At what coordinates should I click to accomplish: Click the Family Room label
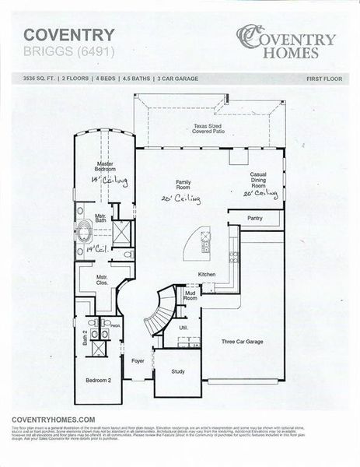click(x=183, y=184)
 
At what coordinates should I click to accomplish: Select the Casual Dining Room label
click(x=259, y=180)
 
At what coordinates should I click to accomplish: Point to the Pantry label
click(x=255, y=219)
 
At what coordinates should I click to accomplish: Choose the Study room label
click(x=178, y=371)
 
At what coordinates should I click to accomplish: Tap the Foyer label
click(x=138, y=361)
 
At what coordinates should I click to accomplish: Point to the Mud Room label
click(x=190, y=296)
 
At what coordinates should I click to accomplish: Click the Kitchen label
click(x=206, y=275)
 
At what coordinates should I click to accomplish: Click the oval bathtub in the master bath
click(x=82, y=230)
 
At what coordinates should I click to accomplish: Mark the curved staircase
click(x=161, y=309)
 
